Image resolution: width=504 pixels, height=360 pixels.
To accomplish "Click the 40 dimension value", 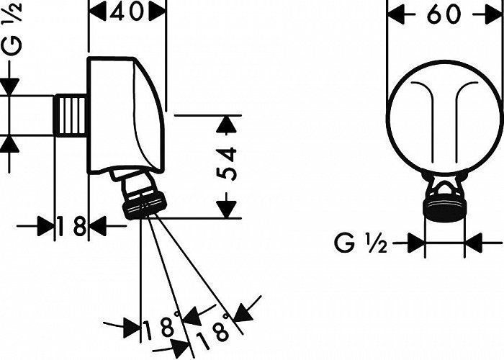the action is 126,12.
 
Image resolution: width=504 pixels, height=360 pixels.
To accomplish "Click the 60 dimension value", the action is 444,14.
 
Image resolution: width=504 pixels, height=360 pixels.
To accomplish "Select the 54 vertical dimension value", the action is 226,164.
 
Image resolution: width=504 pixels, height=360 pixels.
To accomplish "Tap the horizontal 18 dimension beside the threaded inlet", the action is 72,225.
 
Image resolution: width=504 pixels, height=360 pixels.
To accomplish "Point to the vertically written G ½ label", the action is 12,28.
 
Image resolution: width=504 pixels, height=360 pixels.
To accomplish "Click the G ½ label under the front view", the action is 361,243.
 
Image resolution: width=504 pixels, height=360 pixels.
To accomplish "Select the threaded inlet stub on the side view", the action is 70,115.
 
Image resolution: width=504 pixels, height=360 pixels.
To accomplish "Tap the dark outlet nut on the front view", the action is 445,207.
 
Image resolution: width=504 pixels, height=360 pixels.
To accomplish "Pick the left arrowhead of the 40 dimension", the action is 97,12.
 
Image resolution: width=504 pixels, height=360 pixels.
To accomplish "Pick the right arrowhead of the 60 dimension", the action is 494,15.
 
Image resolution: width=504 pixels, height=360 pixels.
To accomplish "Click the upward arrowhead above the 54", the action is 226,125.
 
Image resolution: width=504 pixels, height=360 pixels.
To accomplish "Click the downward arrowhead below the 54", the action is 226,210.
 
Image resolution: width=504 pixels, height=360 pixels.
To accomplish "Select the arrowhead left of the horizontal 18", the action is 46,226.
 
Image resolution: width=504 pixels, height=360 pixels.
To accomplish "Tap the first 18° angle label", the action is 162,325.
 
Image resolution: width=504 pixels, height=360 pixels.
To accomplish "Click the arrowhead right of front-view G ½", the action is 474,243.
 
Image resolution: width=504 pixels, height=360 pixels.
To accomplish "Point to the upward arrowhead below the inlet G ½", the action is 9,145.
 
